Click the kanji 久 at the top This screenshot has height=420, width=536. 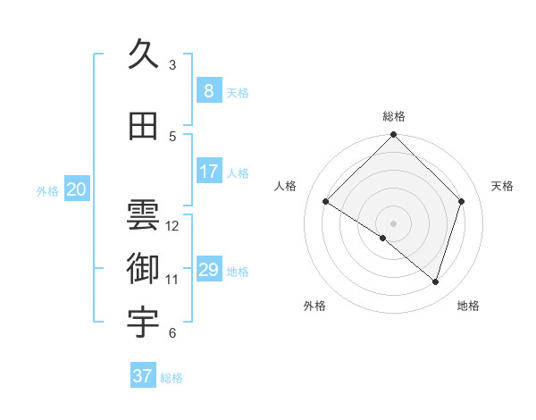(143, 55)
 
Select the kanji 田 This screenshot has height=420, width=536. (143, 127)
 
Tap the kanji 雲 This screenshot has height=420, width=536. (143, 215)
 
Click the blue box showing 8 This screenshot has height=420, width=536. (208, 91)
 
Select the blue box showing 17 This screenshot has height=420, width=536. (208, 172)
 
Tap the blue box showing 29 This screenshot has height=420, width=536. (208, 270)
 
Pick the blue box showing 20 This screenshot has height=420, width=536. (77, 189)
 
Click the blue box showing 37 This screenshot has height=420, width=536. (142, 376)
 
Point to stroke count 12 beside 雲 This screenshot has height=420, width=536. (172, 225)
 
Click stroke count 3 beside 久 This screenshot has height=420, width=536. (172, 64)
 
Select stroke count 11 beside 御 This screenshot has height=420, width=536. (172, 279)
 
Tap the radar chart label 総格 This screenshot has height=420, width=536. (393, 116)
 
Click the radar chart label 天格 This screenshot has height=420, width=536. (503, 186)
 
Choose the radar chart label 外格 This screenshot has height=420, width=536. (314, 306)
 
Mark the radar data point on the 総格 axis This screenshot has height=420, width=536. (393, 136)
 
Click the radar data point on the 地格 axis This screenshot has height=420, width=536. (435, 281)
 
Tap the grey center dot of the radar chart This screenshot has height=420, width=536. (393, 223)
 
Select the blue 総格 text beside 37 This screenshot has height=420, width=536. (172, 378)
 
